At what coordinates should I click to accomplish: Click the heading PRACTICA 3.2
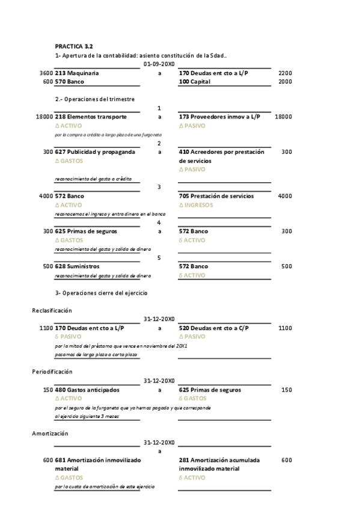74,46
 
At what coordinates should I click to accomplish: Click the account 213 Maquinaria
77,73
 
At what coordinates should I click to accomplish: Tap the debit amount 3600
46,73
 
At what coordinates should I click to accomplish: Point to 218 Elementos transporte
91,117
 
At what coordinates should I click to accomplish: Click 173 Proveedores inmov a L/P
219,117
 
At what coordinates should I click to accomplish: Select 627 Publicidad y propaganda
95,152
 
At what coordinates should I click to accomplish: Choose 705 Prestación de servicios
216,196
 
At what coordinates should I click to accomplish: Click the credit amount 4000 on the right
284,196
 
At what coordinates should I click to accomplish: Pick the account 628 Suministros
78,266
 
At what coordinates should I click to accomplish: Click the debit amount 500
48,266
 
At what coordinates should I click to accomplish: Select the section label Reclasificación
52,310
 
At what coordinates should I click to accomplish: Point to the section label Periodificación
52,372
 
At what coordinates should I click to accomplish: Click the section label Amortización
50,433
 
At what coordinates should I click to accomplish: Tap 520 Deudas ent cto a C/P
214,328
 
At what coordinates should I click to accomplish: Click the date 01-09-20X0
159,64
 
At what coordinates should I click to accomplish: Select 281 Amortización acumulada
219,460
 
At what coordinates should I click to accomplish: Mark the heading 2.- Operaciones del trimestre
95,99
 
